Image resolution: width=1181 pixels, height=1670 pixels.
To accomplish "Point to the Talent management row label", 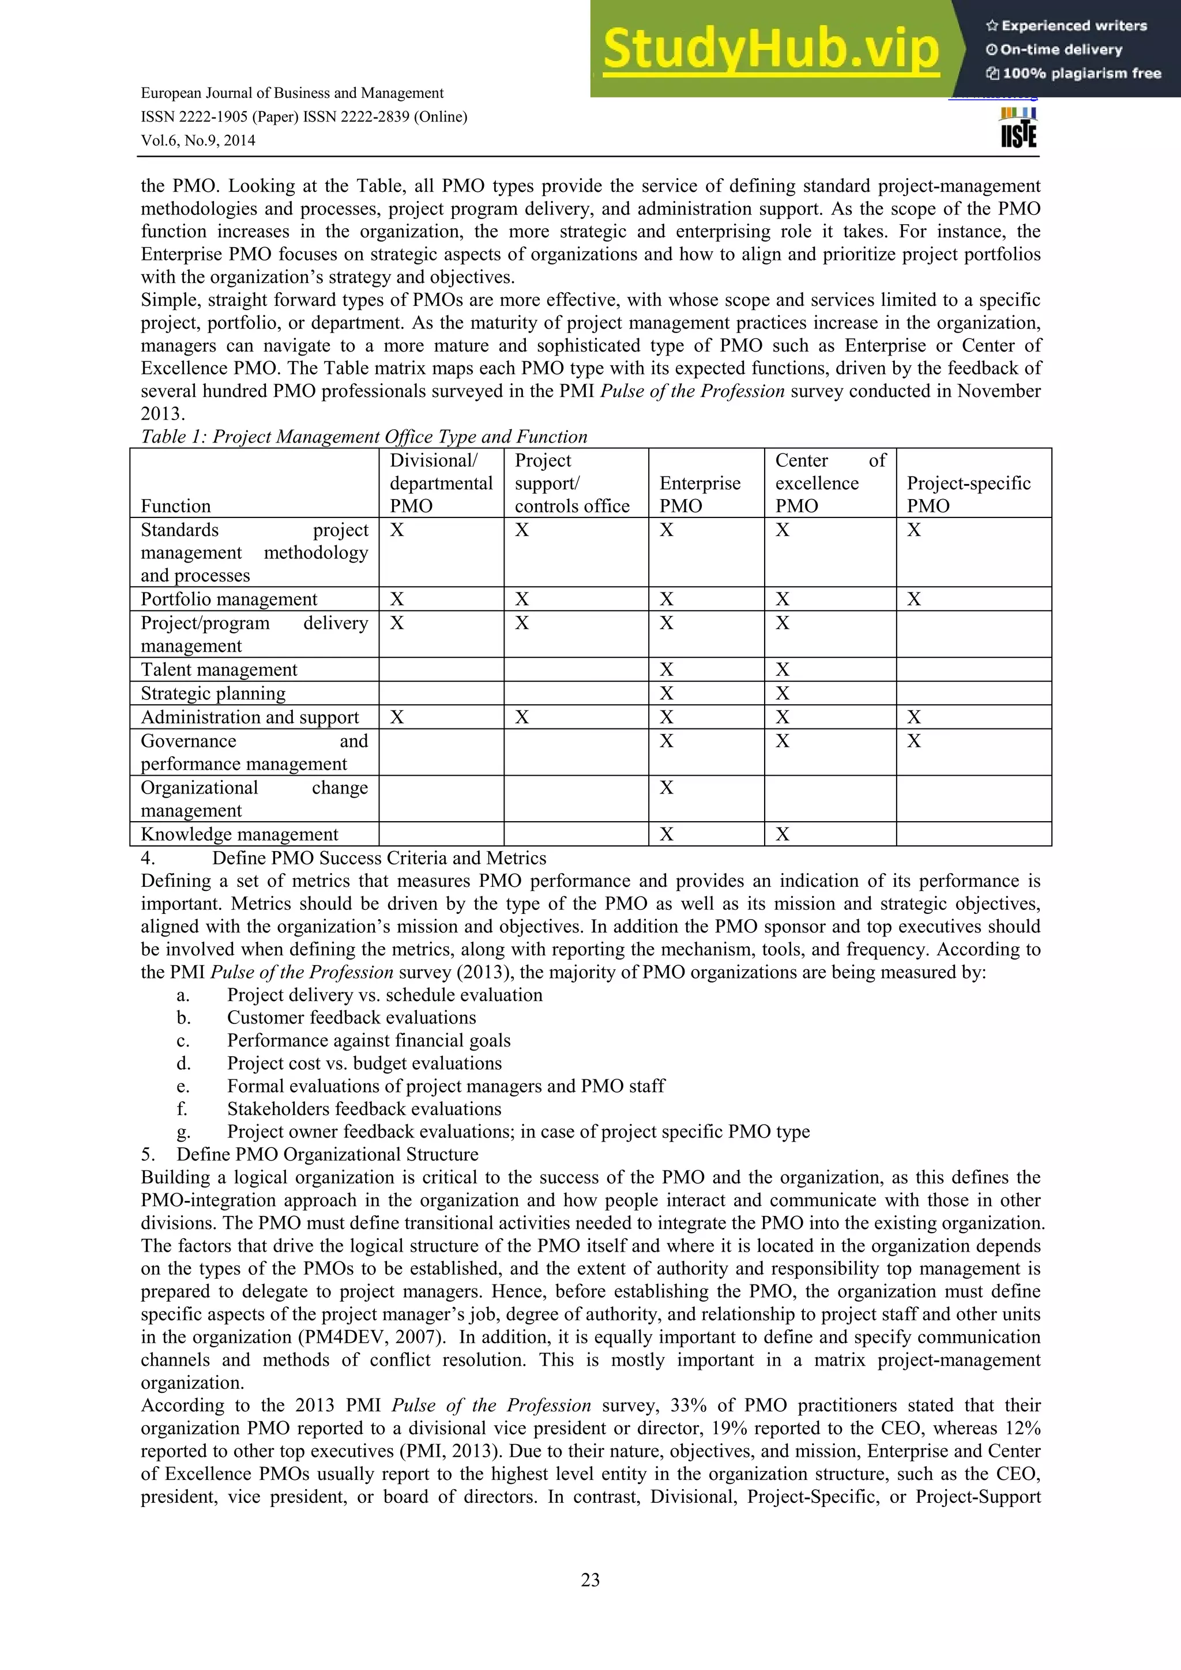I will pos(219,669).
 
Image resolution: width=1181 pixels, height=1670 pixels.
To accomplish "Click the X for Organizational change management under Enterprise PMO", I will pos(667,788).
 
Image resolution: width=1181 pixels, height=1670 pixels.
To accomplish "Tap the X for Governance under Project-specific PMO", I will pos(914,741).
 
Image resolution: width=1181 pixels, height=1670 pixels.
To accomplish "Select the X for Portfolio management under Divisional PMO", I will pos(397,599).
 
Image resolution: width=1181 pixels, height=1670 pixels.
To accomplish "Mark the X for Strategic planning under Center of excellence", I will pos(783,693).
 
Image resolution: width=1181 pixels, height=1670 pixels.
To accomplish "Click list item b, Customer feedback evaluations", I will pos(351,1018).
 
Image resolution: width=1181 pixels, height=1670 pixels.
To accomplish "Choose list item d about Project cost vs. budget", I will pos(364,1063).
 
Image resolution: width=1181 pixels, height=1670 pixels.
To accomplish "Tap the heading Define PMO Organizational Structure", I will pos(327,1154).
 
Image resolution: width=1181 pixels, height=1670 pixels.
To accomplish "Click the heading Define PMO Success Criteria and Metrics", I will pos(379,858).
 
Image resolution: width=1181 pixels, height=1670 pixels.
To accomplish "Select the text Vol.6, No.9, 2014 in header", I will pos(198,141).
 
